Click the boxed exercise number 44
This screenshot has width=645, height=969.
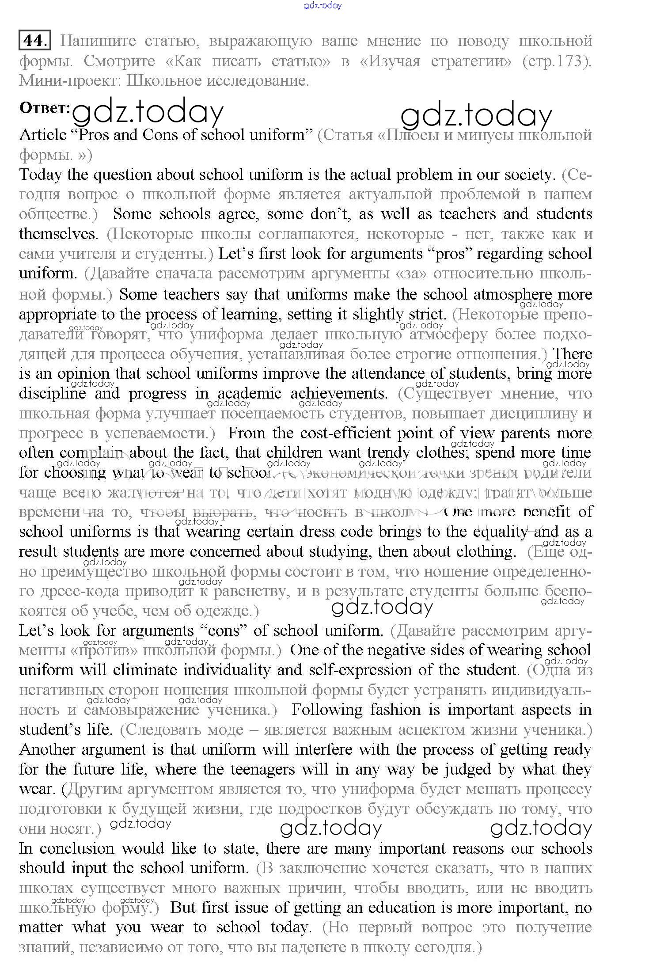coord(34,40)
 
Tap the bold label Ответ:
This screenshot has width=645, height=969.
coord(45,109)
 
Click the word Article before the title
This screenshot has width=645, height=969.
coord(42,134)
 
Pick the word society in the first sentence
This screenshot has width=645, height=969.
coord(528,175)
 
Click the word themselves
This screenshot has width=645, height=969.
coord(58,234)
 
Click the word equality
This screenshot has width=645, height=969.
coord(500,532)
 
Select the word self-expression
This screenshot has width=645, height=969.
coord(360,670)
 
